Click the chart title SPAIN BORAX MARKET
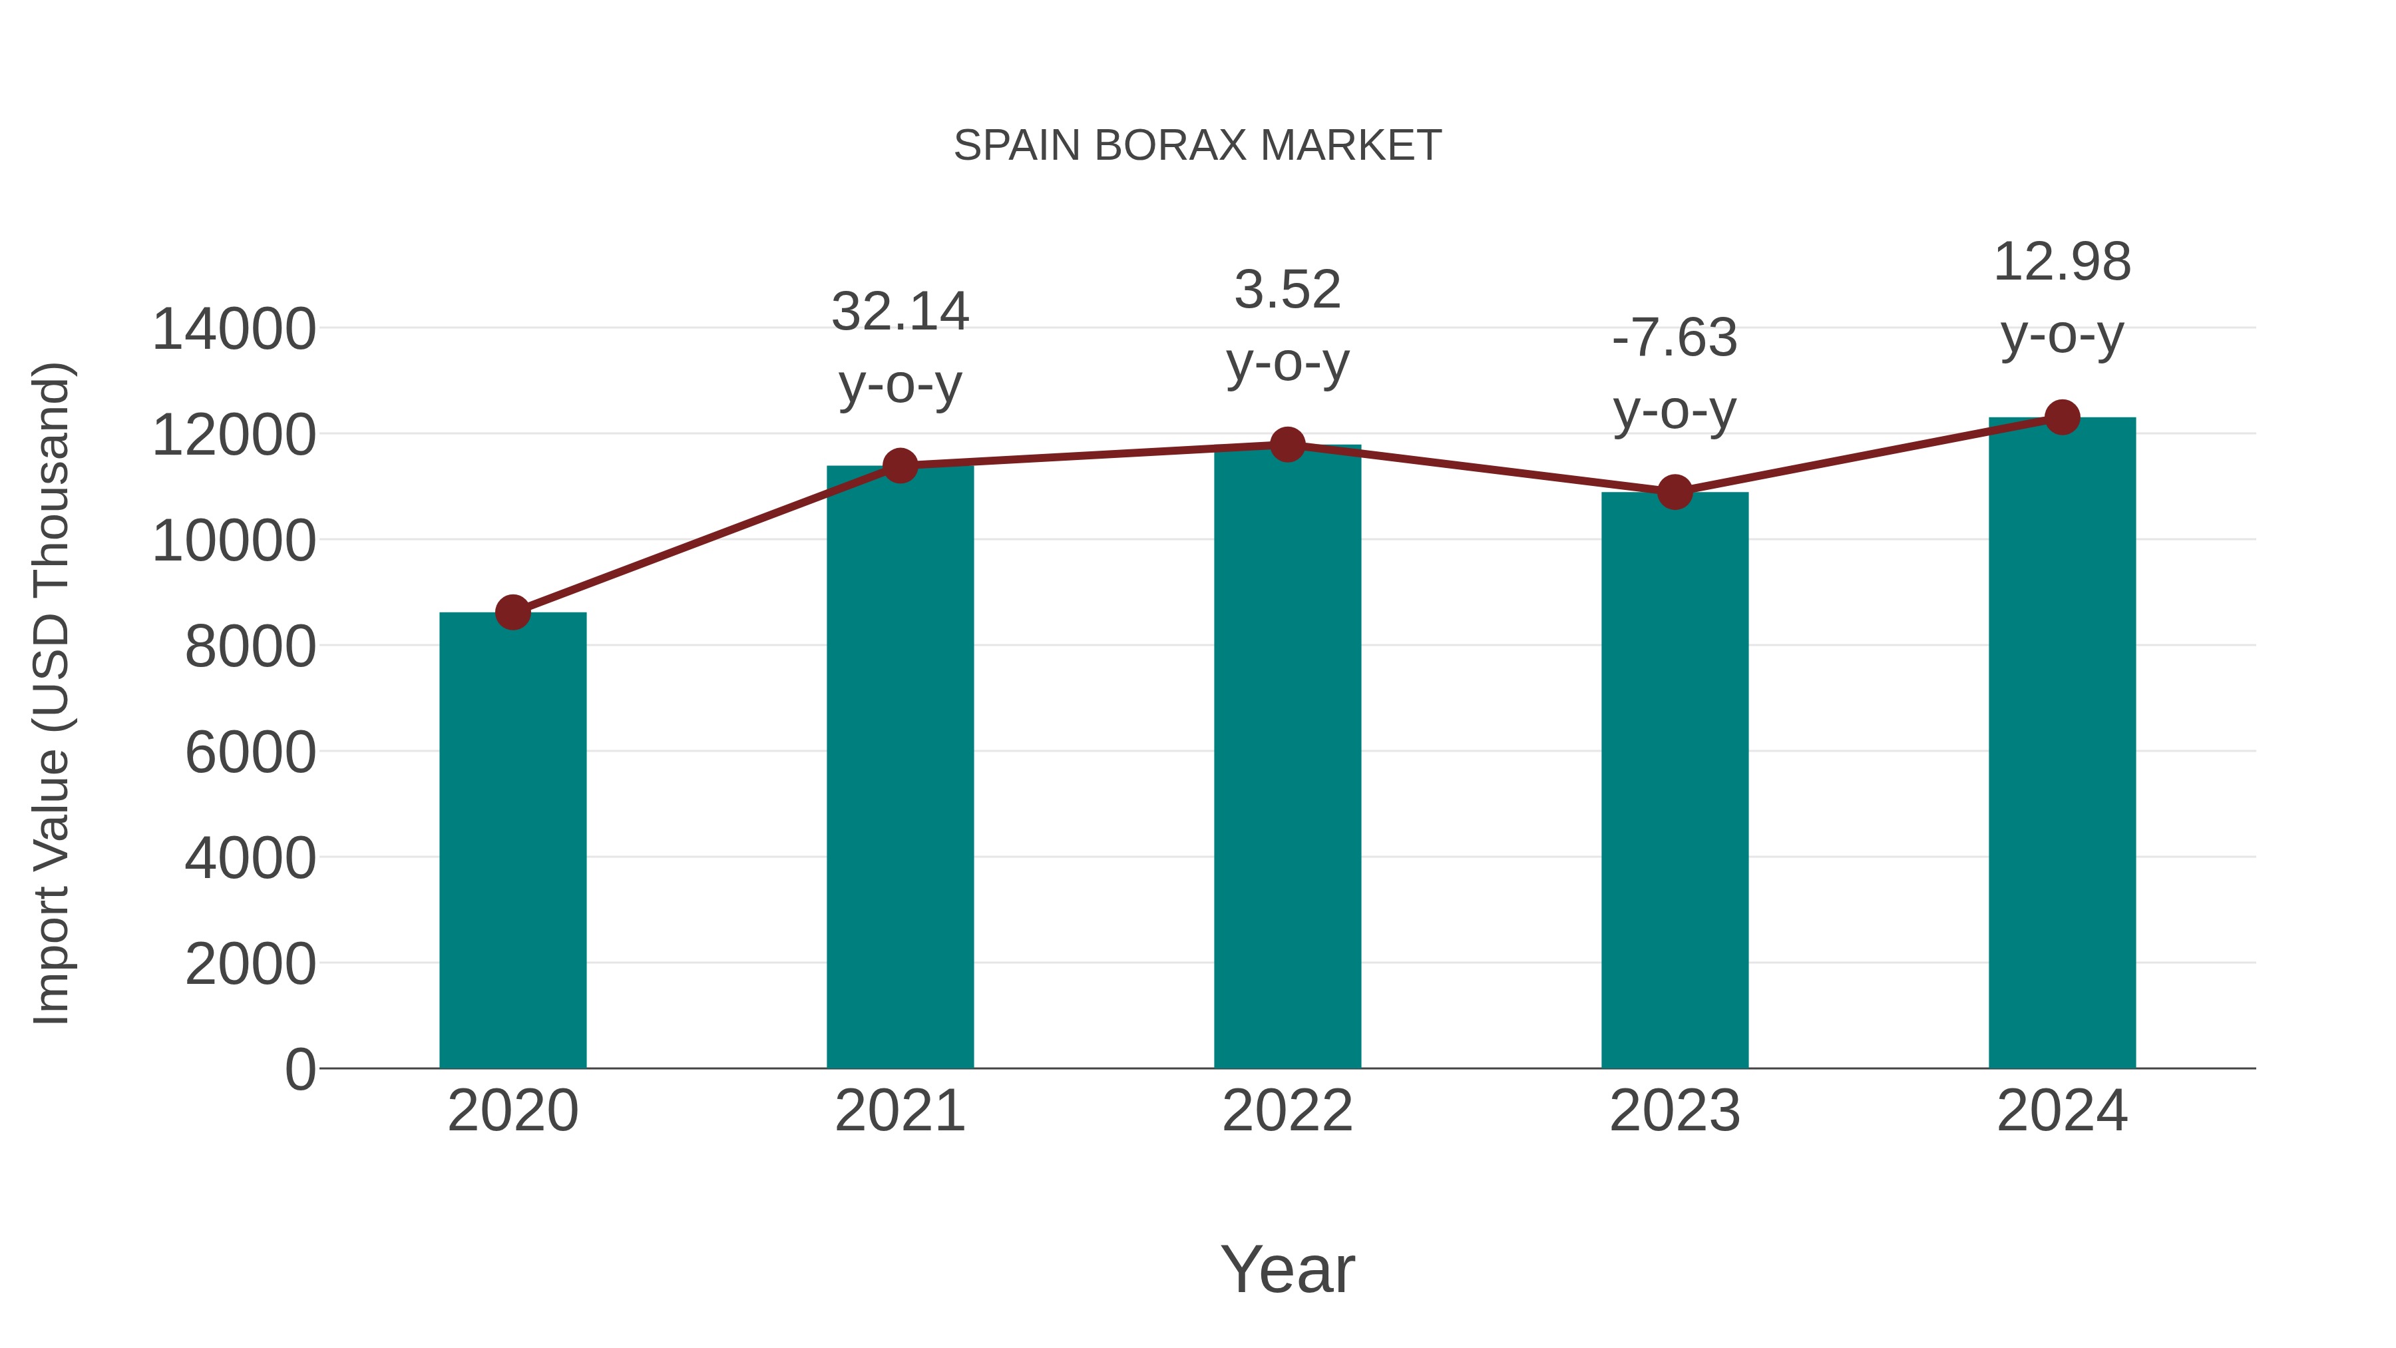point(1197,146)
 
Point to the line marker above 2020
point(512,612)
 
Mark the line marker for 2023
point(1675,492)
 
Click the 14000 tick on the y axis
point(234,330)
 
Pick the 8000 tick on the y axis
point(250,646)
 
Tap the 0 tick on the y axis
point(299,1069)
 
